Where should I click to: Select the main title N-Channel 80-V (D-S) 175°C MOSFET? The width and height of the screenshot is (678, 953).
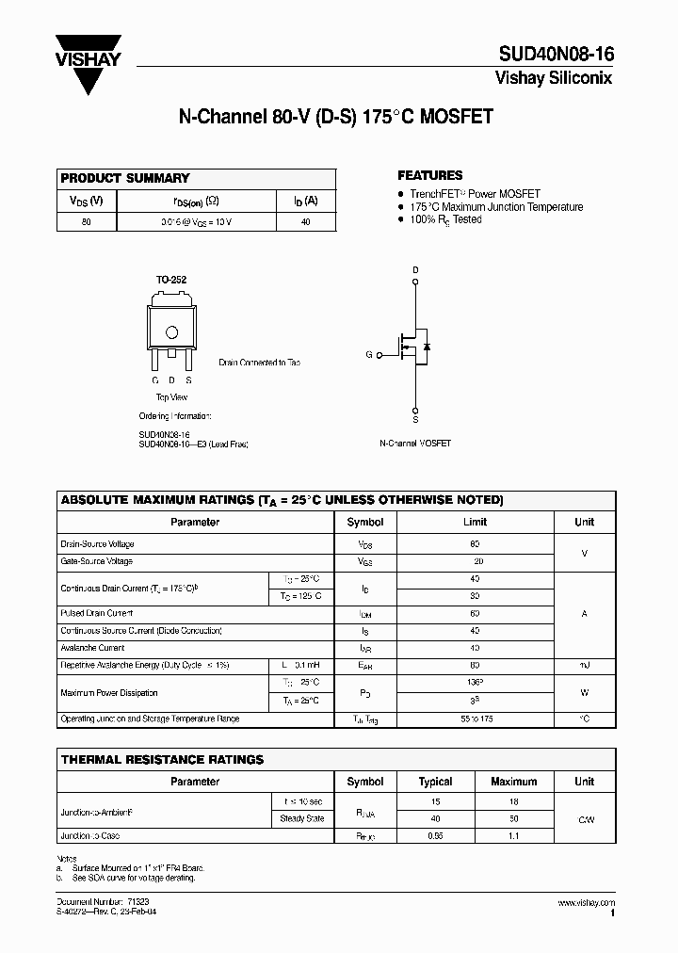pyautogui.click(x=335, y=118)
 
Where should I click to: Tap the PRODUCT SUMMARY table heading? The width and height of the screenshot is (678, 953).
pyautogui.click(x=125, y=178)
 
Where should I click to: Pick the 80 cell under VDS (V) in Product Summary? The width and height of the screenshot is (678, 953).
pyautogui.click(x=87, y=222)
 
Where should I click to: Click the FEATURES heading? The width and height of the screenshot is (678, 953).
pyautogui.click(x=429, y=175)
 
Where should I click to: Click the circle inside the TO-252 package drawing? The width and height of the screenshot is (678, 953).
pyautogui.click(x=172, y=331)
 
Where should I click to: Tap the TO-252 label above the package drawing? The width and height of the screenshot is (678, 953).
pyautogui.click(x=170, y=281)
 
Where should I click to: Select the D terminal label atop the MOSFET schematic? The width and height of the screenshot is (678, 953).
pyautogui.click(x=415, y=269)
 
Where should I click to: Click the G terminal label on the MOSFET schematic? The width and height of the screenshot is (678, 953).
pyautogui.click(x=369, y=355)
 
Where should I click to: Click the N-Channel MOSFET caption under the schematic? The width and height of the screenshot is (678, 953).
pyautogui.click(x=415, y=443)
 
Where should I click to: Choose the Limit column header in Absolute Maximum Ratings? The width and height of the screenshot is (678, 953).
pyautogui.click(x=475, y=522)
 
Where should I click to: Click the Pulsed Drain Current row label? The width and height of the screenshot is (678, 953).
pyautogui.click(x=97, y=613)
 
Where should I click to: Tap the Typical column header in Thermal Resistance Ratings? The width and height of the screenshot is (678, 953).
pyautogui.click(x=435, y=782)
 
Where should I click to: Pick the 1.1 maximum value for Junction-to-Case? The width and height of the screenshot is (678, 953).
pyautogui.click(x=514, y=836)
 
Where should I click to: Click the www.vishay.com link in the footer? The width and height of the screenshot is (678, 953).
pyautogui.click(x=586, y=902)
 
